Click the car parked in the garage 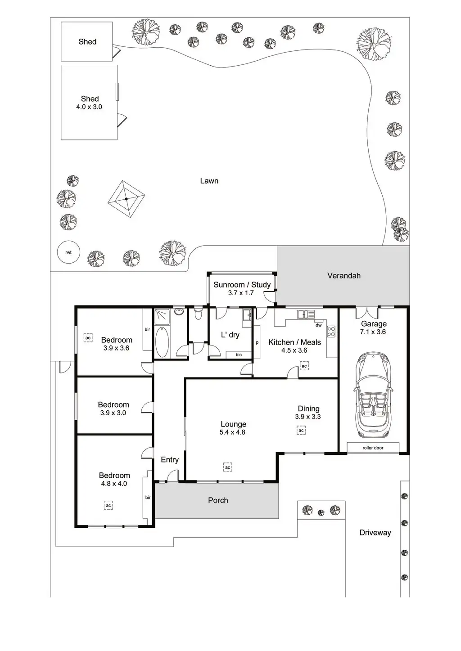[373, 395]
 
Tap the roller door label [373, 448]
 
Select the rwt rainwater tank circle [68, 252]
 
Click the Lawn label [209, 181]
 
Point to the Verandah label [344, 276]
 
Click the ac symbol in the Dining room [301, 431]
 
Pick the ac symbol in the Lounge [228, 467]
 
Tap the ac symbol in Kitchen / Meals [304, 366]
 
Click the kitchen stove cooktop [331, 332]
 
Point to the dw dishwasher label [319, 325]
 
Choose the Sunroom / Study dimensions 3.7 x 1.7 [241, 293]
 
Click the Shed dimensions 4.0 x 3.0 [89, 107]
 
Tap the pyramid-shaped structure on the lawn [127, 198]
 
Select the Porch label [218, 500]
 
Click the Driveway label [375, 533]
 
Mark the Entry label [170, 460]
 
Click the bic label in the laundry [239, 355]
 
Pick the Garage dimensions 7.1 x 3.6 [373, 332]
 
